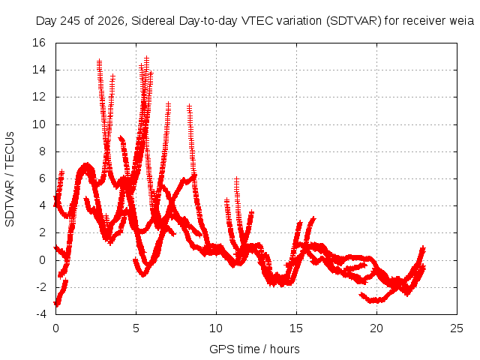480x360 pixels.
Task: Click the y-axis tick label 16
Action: pos(39,43)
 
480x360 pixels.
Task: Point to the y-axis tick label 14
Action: pos(39,70)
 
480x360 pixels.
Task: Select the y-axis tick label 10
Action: pos(39,124)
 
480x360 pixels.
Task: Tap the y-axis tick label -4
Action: pos(40,314)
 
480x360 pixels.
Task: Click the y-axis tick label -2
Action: pos(40,287)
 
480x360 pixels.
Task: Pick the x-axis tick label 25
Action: pos(457,328)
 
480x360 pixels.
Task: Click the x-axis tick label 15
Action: pos(296,328)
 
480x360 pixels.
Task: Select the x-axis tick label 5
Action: pos(136,328)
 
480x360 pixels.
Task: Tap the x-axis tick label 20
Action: pos(376,328)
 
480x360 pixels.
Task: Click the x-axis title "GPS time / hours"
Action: pos(254,349)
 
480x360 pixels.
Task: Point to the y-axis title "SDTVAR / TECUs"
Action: pos(10,179)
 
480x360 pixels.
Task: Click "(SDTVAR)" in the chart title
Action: pos(354,21)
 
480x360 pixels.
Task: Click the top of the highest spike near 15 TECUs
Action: pos(147,58)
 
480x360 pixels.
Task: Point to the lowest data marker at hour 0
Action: pos(56,304)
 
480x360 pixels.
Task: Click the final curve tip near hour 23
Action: pos(423,247)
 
